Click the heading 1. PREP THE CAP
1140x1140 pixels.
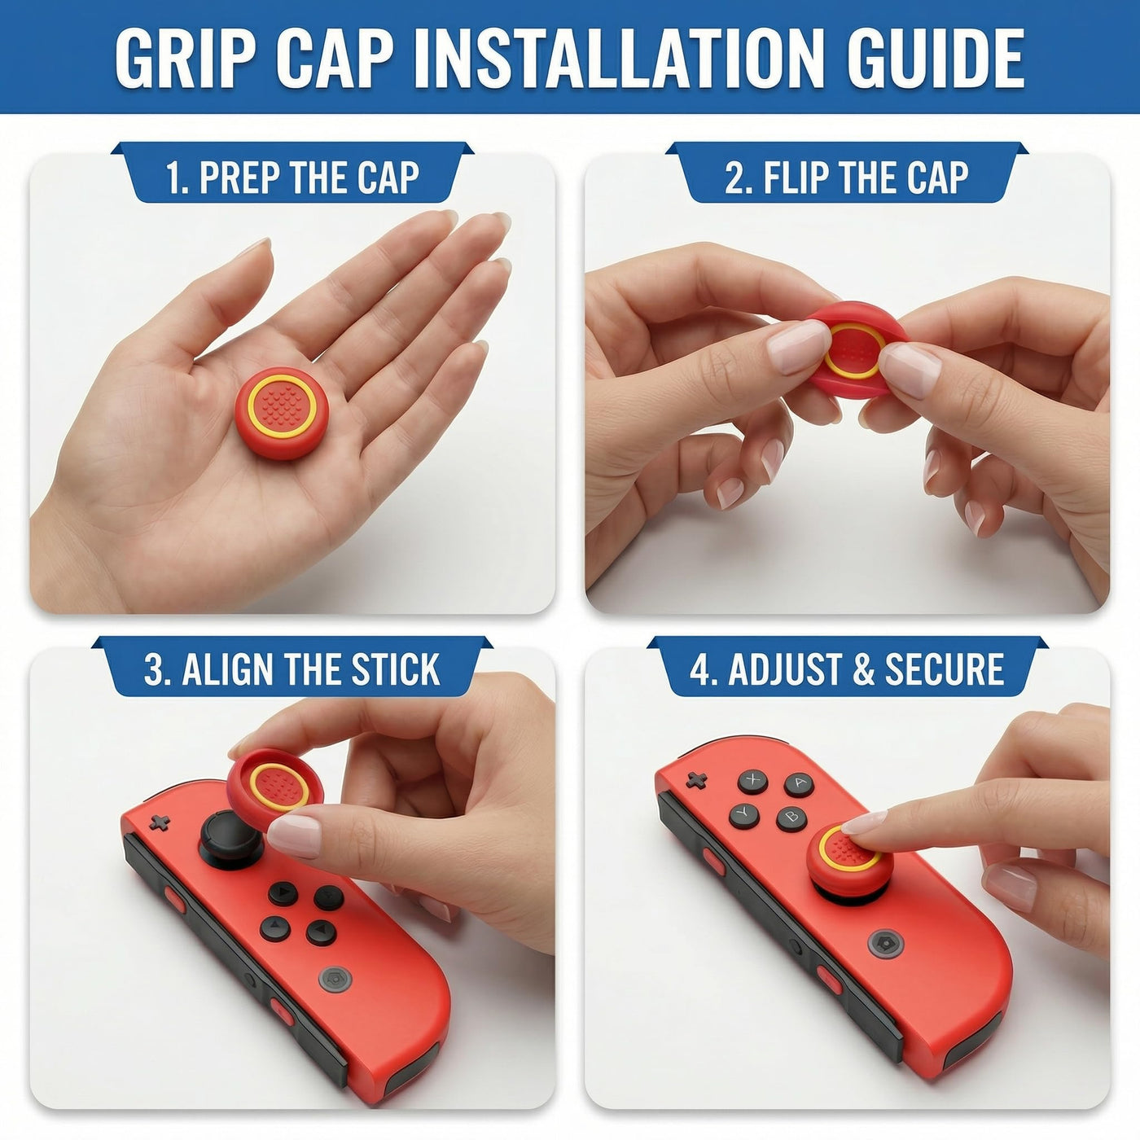click(x=292, y=177)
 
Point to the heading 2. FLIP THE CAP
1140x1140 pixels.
click(x=847, y=177)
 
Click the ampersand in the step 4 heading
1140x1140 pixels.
click(x=863, y=669)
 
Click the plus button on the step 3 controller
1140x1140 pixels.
click(x=159, y=822)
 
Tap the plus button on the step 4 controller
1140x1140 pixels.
click(x=696, y=780)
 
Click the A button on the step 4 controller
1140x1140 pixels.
click(x=799, y=784)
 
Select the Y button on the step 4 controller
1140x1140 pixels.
click(x=744, y=816)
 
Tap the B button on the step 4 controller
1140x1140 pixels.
click(x=791, y=819)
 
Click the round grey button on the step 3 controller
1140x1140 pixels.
click(x=335, y=979)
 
